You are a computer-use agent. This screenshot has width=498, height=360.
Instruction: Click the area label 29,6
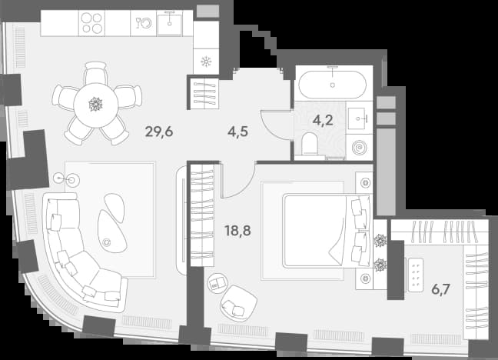click(159, 132)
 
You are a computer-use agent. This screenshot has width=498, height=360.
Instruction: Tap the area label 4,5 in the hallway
click(237, 132)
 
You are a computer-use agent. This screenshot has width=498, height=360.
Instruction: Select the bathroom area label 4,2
click(323, 120)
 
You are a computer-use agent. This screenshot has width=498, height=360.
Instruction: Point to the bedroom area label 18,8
click(237, 231)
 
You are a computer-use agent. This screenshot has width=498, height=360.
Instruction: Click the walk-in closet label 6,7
click(440, 289)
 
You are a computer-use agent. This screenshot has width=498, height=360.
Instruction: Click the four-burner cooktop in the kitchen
click(91, 23)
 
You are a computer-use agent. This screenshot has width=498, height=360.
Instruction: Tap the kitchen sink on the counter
click(170, 23)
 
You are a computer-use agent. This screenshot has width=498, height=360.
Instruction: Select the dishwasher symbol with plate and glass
click(144, 23)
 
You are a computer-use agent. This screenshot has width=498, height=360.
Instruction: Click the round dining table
click(96, 105)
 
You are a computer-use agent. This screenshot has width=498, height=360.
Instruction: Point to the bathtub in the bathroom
click(333, 84)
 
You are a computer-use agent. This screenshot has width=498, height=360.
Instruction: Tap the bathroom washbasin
click(359, 118)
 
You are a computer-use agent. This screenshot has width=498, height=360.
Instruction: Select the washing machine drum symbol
click(359, 148)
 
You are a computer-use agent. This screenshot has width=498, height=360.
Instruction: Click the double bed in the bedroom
click(327, 231)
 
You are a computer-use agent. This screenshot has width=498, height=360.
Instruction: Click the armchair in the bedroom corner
click(238, 303)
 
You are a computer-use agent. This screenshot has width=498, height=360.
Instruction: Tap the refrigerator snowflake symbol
click(206, 62)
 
